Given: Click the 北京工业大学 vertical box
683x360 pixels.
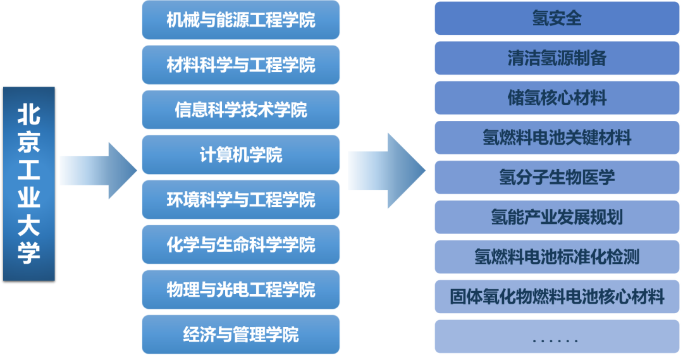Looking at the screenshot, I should click(x=29, y=183).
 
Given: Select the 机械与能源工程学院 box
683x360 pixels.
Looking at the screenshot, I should click(x=241, y=20).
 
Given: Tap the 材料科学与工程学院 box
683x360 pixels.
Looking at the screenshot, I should click(x=241, y=65).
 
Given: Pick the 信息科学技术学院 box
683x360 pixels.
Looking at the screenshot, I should click(x=241, y=110).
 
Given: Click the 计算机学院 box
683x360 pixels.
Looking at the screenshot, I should click(x=241, y=155).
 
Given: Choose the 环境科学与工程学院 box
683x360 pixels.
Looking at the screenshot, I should click(x=241, y=200).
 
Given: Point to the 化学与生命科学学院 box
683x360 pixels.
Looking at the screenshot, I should click(x=241, y=245).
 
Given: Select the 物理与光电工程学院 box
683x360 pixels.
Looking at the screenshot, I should click(x=241, y=290).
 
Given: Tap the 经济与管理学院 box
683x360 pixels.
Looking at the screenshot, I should click(x=241, y=335).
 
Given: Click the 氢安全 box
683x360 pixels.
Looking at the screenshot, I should click(x=557, y=18).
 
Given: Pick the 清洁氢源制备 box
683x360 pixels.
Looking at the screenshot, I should click(x=557, y=58).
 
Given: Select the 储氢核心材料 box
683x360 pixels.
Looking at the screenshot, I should click(x=557, y=98).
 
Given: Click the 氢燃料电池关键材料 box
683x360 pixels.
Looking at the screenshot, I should click(x=557, y=137).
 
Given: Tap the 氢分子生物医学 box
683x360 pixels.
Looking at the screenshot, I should click(x=557, y=177).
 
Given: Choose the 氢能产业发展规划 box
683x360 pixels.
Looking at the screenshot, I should click(x=557, y=217).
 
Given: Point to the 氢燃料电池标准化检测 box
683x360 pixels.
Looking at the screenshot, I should click(x=557, y=256).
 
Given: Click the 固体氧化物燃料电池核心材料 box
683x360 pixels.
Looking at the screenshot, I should click(x=557, y=296).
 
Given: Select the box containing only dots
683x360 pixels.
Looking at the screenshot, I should click(x=557, y=336).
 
